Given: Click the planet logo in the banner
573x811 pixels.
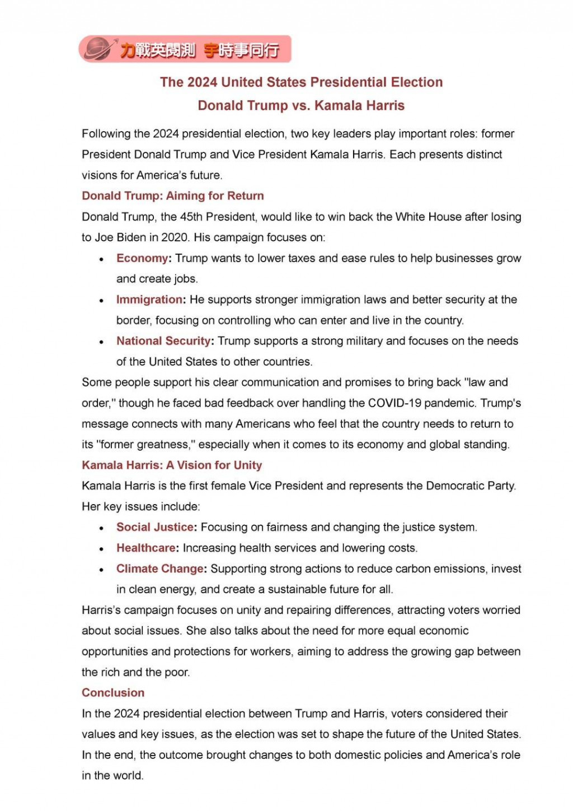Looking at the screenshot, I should point(98,49).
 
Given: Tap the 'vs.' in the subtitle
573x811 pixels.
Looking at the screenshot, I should point(301,106).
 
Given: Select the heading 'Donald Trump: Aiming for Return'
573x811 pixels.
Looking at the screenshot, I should point(172,196).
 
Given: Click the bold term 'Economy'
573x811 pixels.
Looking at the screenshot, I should point(142,258).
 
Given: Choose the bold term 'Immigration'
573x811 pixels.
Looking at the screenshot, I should point(149,300).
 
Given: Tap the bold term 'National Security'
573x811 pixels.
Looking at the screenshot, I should point(163,341).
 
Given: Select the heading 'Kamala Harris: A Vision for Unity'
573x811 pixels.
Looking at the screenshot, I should point(172,465).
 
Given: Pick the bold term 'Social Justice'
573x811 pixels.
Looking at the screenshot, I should point(155,528).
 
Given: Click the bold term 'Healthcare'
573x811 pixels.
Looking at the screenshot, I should point(146,548).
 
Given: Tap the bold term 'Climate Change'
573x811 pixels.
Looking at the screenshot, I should point(160,569).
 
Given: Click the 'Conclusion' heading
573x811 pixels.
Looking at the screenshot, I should point(113,693).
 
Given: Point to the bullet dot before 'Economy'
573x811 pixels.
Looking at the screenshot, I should point(101,259).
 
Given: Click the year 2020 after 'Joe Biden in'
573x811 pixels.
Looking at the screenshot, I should point(175,237).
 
